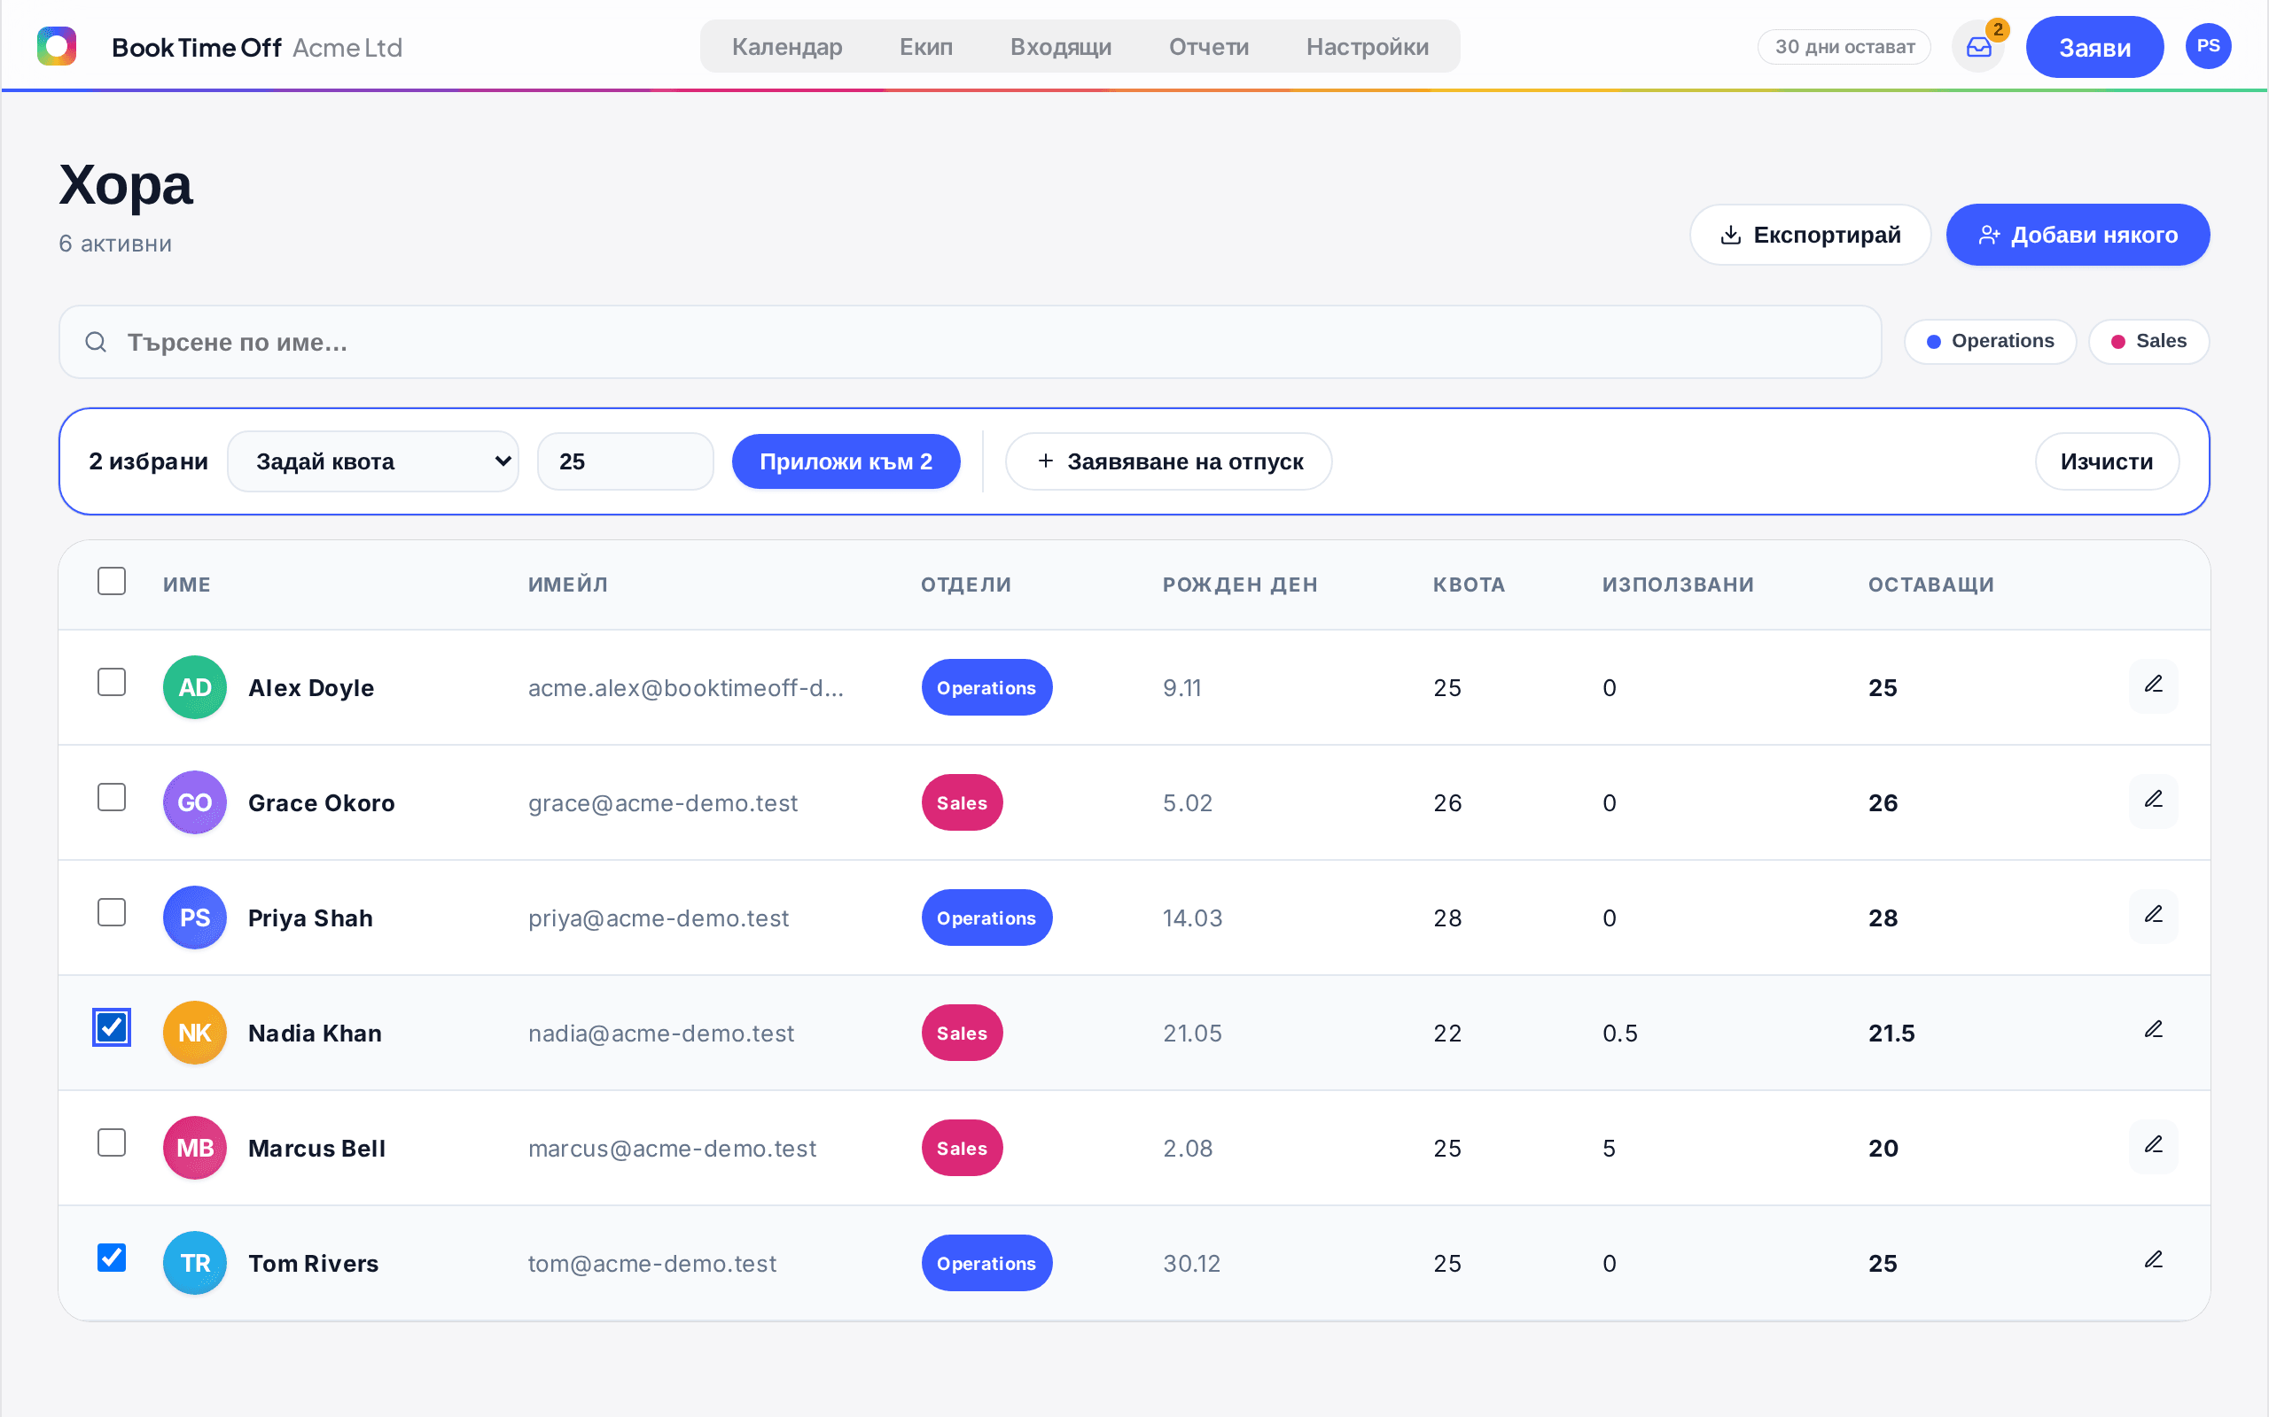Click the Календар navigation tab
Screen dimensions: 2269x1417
coord(787,47)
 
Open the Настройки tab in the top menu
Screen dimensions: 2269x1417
coord(1367,47)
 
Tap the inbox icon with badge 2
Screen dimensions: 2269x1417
coord(1978,47)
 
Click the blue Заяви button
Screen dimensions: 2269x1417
coord(2094,47)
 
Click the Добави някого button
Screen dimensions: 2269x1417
coord(2078,235)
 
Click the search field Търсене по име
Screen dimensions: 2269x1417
coord(970,342)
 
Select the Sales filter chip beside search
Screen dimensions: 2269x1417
coord(2148,341)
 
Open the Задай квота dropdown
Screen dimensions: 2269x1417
coord(373,461)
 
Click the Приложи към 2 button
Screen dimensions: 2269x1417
coord(846,461)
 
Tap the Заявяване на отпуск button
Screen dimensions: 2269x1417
coord(1168,461)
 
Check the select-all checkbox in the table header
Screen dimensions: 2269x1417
coord(112,581)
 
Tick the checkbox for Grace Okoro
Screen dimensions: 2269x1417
coord(112,798)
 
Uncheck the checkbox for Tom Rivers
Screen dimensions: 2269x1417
coord(112,1258)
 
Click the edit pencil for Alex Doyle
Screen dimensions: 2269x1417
coord(2154,685)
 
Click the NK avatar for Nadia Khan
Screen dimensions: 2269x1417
coord(195,1033)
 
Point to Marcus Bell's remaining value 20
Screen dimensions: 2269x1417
coord(1883,1148)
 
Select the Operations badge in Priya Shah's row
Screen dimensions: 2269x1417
coord(986,918)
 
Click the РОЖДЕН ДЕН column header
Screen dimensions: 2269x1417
coord(1239,585)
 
